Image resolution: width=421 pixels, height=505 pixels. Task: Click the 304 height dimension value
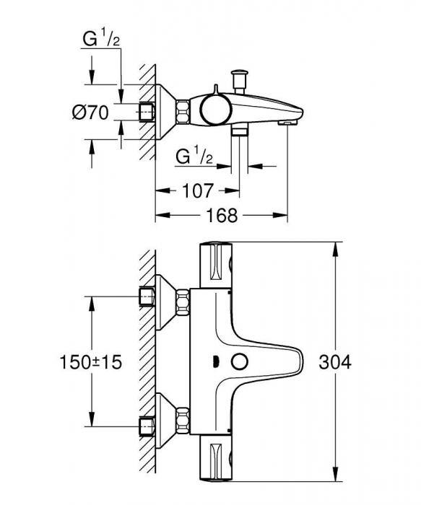335,362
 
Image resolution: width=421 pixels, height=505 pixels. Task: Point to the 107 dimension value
196,191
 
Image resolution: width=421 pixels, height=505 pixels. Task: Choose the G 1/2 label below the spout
194,156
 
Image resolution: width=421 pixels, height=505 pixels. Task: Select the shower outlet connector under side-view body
240,132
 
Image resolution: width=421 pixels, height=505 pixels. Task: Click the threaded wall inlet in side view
148,112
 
